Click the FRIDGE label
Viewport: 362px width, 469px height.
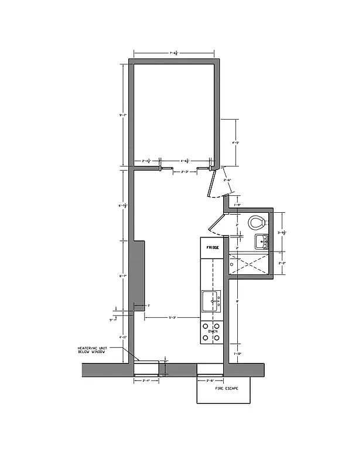212,247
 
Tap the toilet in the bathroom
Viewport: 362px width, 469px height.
256,223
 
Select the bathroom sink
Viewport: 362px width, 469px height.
260,241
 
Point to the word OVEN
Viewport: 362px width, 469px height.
212,332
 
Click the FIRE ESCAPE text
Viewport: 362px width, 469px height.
226,388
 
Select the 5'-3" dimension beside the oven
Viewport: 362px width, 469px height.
173,318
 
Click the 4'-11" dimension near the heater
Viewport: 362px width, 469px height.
123,338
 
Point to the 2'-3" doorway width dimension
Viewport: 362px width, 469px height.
185,172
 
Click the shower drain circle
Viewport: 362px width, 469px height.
232,264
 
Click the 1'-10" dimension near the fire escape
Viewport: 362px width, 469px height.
237,354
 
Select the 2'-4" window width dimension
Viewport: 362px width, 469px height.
146,381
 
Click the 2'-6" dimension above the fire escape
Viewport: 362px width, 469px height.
209,381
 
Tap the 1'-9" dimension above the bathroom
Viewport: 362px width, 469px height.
237,205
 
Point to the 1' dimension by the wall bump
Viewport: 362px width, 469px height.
149,305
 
